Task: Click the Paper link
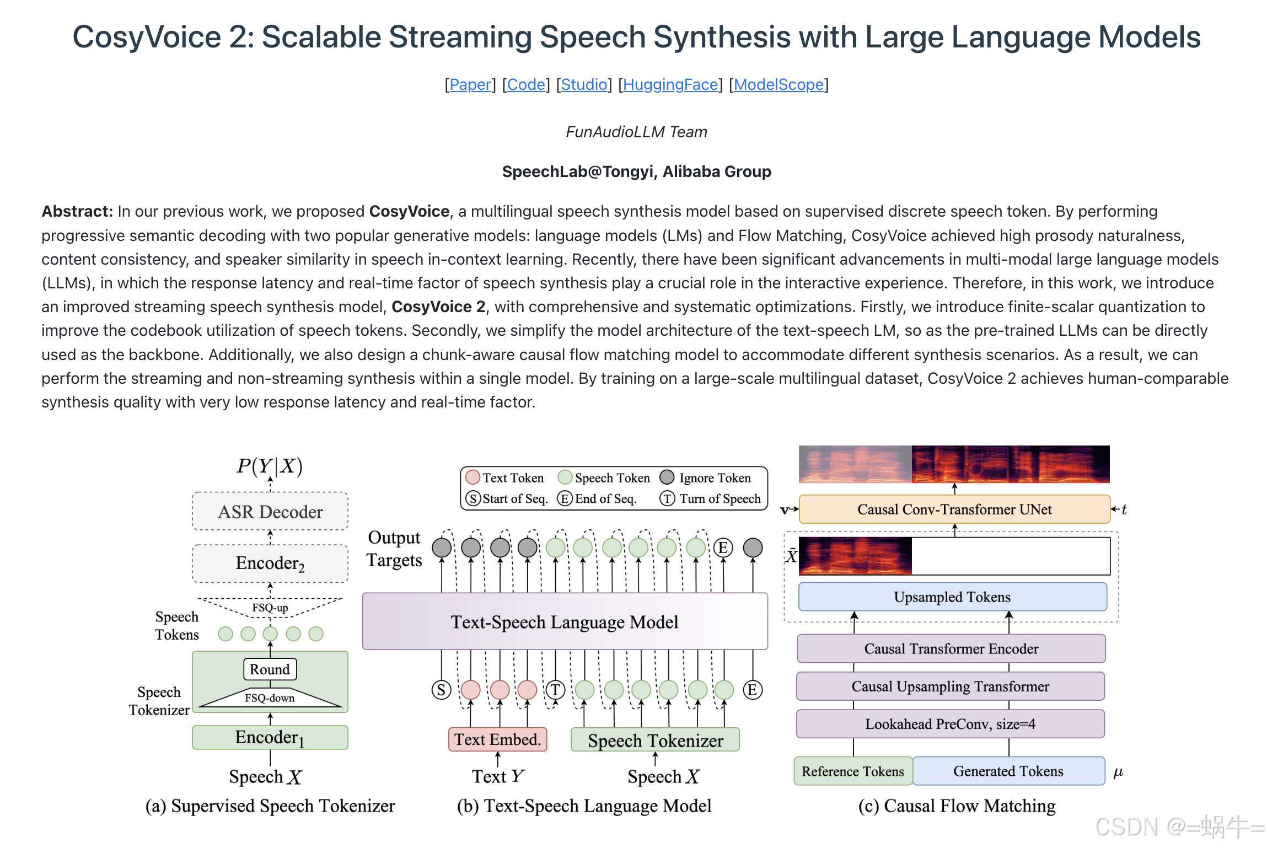[470, 84]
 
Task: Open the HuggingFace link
[670, 84]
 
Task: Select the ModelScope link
[779, 84]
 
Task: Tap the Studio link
[584, 84]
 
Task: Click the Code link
[526, 84]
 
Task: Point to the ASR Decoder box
[270, 512]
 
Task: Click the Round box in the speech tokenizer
[270, 669]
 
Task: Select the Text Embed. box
[497, 739]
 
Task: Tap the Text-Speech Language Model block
[565, 622]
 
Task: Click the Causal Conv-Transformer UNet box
[954, 509]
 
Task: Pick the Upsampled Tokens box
[952, 597]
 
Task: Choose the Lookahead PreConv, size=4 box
[950, 724]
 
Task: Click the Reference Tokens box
[853, 771]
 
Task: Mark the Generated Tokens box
[1008, 771]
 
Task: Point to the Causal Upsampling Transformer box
[950, 686]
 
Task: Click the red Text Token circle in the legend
[473, 477]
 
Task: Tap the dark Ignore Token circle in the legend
[667, 477]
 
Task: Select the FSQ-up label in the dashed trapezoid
[270, 608]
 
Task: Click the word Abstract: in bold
[77, 211]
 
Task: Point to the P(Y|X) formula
[270, 466]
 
